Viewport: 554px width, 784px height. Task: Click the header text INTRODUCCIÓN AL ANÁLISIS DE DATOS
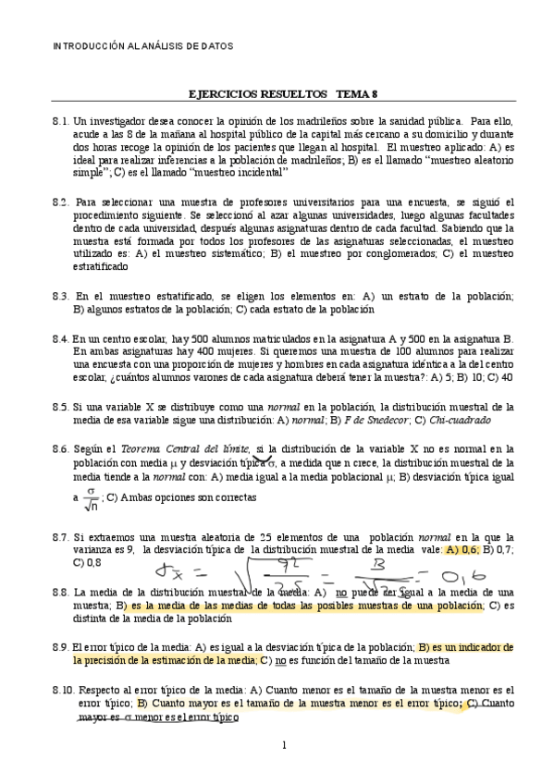pyautogui.click(x=141, y=45)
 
